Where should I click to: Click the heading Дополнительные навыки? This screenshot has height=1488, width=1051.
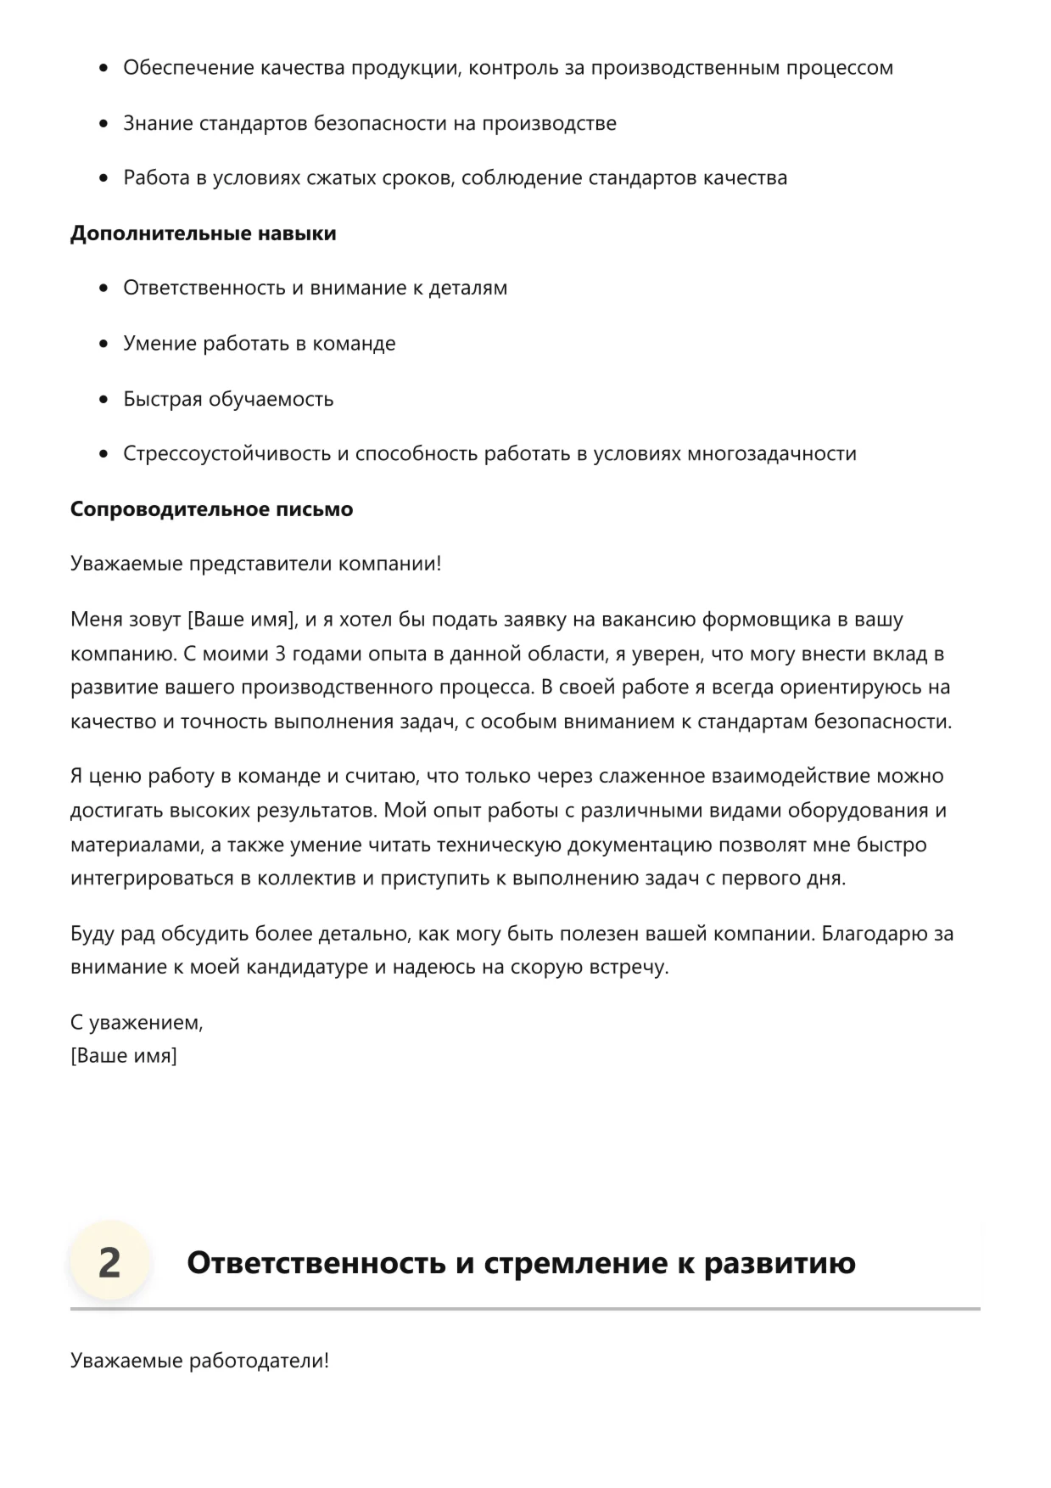point(203,233)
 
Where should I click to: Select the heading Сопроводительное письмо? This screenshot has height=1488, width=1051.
point(211,509)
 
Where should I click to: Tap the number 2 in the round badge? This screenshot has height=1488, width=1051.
point(109,1262)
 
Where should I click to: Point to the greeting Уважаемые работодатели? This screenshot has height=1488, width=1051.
point(199,1361)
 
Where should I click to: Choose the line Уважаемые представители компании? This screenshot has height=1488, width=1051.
point(255,564)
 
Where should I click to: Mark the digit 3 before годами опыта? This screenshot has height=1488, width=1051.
point(282,654)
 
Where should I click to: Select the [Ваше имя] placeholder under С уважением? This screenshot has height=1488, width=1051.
point(124,1056)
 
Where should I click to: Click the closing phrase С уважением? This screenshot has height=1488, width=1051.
point(137,1023)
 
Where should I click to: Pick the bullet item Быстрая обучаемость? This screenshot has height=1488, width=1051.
point(228,399)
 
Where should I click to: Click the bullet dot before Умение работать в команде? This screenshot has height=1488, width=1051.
point(104,344)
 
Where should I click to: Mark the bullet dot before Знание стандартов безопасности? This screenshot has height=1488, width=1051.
point(104,124)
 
